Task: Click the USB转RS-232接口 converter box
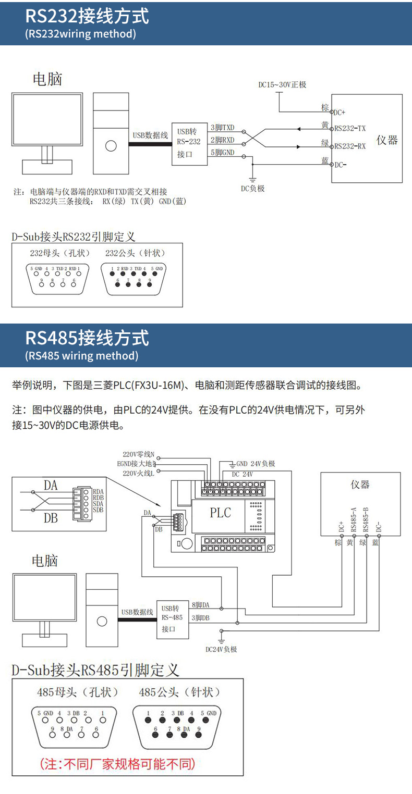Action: pyautogui.click(x=189, y=143)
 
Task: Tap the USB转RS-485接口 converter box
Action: pyautogui.click(x=172, y=618)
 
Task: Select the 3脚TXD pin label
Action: pyautogui.click(x=222, y=128)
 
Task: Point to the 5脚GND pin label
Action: pyautogui.click(x=222, y=153)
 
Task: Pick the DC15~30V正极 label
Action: pyautogui.click(x=282, y=84)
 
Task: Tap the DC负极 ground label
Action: pyautogui.click(x=252, y=189)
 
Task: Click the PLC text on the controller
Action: pyautogui.click(x=220, y=513)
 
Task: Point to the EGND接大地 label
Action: pyautogui.click(x=134, y=463)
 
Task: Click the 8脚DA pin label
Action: pyautogui.click(x=201, y=605)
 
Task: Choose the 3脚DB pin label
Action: pyautogui.click(x=201, y=617)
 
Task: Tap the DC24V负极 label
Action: pyautogui.click(x=221, y=649)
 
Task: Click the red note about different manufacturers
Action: pyautogui.click(x=118, y=764)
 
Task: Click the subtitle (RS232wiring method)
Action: pyautogui.click(x=80, y=34)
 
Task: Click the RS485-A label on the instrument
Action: pyautogui.click(x=354, y=519)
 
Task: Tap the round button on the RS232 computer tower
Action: pyautogui.click(x=111, y=146)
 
